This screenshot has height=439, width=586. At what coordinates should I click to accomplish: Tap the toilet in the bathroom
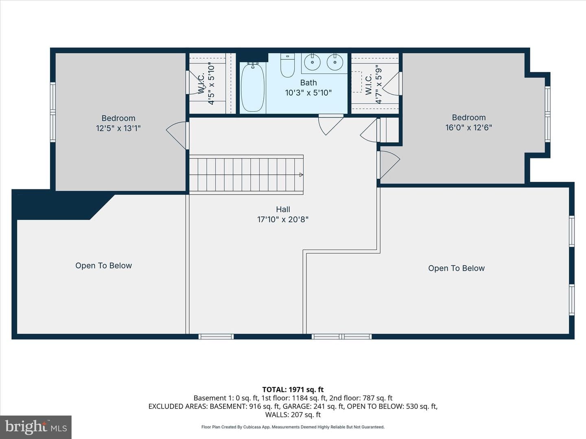pyautogui.click(x=287, y=65)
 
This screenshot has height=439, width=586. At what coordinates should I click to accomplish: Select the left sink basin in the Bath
pyautogui.click(x=312, y=62)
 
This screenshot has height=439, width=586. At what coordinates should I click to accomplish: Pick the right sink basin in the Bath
pyautogui.click(x=335, y=62)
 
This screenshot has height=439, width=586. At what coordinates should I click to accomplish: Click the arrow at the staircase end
pyautogui.click(x=301, y=175)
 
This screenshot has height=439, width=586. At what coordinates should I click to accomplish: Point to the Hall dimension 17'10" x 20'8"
pyautogui.click(x=283, y=219)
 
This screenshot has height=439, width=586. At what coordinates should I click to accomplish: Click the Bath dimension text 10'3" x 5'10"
pyautogui.click(x=308, y=93)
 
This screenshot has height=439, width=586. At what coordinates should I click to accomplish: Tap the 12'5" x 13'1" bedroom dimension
pyautogui.click(x=118, y=128)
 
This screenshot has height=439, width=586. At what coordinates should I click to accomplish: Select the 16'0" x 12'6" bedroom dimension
pyautogui.click(x=468, y=127)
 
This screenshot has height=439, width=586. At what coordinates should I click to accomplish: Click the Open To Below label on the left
pyautogui.click(x=104, y=265)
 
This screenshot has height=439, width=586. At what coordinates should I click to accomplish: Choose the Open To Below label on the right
pyautogui.click(x=456, y=268)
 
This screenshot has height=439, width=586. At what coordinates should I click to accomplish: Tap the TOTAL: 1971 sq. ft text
pyautogui.click(x=293, y=390)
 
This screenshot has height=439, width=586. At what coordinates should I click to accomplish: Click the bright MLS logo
pyautogui.click(x=36, y=427)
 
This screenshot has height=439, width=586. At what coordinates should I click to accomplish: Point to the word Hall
pyautogui.click(x=283, y=209)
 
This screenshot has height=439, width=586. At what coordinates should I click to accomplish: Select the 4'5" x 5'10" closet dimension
pyautogui.click(x=211, y=83)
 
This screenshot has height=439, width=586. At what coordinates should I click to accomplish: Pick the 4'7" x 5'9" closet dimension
pyautogui.click(x=378, y=84)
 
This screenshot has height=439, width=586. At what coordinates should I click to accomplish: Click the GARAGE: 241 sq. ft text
pyautogui.click(x=314, y=406)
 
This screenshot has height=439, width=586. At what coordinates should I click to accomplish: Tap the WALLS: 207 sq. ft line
pyautogui.click(x=293, y=415)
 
